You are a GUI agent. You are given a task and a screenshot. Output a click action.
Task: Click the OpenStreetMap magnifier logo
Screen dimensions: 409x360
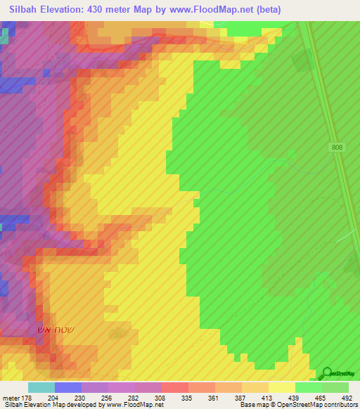point(326,374)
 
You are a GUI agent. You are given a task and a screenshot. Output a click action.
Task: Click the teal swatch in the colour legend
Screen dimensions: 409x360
point(41,387)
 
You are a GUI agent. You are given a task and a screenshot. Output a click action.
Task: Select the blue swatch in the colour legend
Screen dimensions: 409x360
point(67,387)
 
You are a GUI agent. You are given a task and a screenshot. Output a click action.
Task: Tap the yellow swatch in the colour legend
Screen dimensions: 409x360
point(281,387)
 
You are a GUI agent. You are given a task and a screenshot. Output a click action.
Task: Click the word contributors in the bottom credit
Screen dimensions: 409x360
point(338,405)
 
